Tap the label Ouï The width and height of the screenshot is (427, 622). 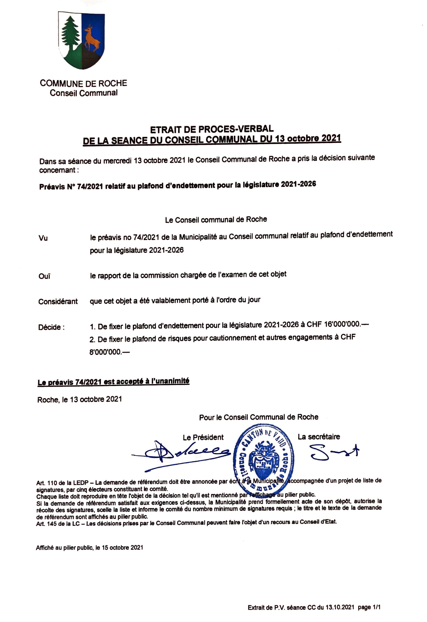click(x=44, y=276)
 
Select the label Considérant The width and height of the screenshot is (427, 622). click(x=58, y=302)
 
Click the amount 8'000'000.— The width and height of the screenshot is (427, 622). click(x=109, y=352)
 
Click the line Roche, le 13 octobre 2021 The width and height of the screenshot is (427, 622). click(x=80, y=400)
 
